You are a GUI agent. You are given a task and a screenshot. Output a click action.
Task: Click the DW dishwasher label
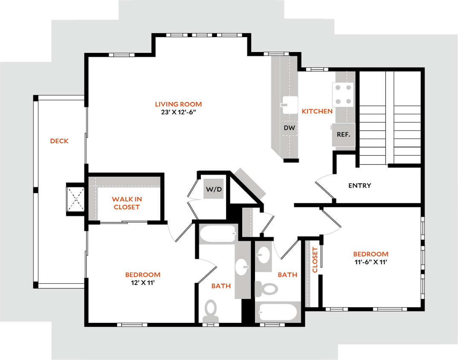(290, 128)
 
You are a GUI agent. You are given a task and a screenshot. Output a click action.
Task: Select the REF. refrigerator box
(343, 134)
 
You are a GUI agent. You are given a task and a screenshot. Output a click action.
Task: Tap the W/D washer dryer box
(214, 189)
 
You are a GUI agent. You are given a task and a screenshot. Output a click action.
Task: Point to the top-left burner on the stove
(338, 88)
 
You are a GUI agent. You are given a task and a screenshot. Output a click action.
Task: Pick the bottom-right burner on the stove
(348, 102)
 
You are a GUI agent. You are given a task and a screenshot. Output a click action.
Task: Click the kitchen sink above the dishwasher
(290, 105)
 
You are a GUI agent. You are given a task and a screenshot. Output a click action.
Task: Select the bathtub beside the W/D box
(218, 234)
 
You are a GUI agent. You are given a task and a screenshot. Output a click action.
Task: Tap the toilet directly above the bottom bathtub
(267, 289)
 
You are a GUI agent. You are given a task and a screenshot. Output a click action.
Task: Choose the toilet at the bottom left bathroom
(210, 311)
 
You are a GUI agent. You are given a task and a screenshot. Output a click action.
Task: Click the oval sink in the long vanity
(242, 267)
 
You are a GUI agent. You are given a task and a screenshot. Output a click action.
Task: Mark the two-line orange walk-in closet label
(127, 203)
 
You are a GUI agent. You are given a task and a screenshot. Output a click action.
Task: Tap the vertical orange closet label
(316, 259)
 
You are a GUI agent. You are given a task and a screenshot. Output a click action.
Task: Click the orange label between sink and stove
(316, 112)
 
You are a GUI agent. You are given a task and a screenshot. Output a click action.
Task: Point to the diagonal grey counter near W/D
(250, 183)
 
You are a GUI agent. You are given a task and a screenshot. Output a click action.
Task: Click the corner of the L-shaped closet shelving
(94, 183)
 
